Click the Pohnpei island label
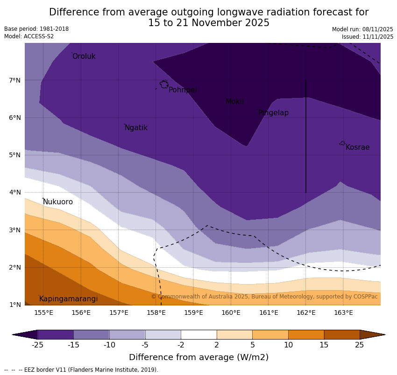183,90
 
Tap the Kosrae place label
357,147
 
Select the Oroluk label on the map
84,56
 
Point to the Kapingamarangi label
68,299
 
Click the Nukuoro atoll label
58,202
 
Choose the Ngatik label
136,128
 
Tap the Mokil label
234,102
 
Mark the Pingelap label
273,113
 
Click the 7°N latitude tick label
15,80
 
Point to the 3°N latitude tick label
15,230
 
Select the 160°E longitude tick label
231,312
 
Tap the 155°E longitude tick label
43,312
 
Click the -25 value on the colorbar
37,345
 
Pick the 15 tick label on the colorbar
324,345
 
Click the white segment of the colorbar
198,334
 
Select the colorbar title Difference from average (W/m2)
198,358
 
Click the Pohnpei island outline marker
164,84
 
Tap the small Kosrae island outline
342,143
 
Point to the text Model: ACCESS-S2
29,36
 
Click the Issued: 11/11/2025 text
367,37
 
